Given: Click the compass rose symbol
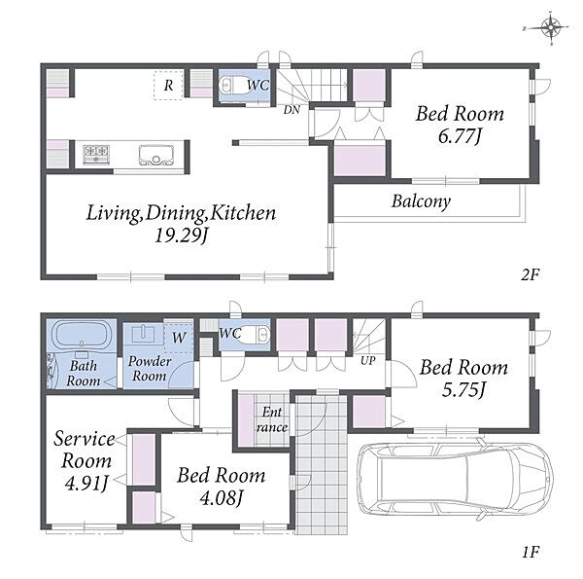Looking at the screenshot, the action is [x=551, y=27].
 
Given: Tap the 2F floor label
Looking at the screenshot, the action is [x=530, y=275].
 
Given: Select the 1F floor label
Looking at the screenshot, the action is [x=531, y=552].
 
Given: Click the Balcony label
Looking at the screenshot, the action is [x=421, y=201].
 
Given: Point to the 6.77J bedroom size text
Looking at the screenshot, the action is [x=460, y=136].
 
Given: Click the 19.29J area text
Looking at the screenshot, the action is [x=181, y=235].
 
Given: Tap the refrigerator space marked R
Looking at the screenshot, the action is [x=168, y=86].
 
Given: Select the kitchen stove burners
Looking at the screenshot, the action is [x=96, y=155].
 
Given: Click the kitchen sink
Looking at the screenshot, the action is [x=156, y=155].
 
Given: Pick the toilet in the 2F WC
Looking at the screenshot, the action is [x=231, y=86].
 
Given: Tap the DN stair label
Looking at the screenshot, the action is [x=291, y=110].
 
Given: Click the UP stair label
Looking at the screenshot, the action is [x=367, y=360].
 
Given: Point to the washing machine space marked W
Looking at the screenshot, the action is [x=179, y=337].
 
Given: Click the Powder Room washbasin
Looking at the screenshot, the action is [x=143, y=334].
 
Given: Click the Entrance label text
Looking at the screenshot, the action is [x=272, y=419].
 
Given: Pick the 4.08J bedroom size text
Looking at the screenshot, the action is [x=222, y=498].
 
